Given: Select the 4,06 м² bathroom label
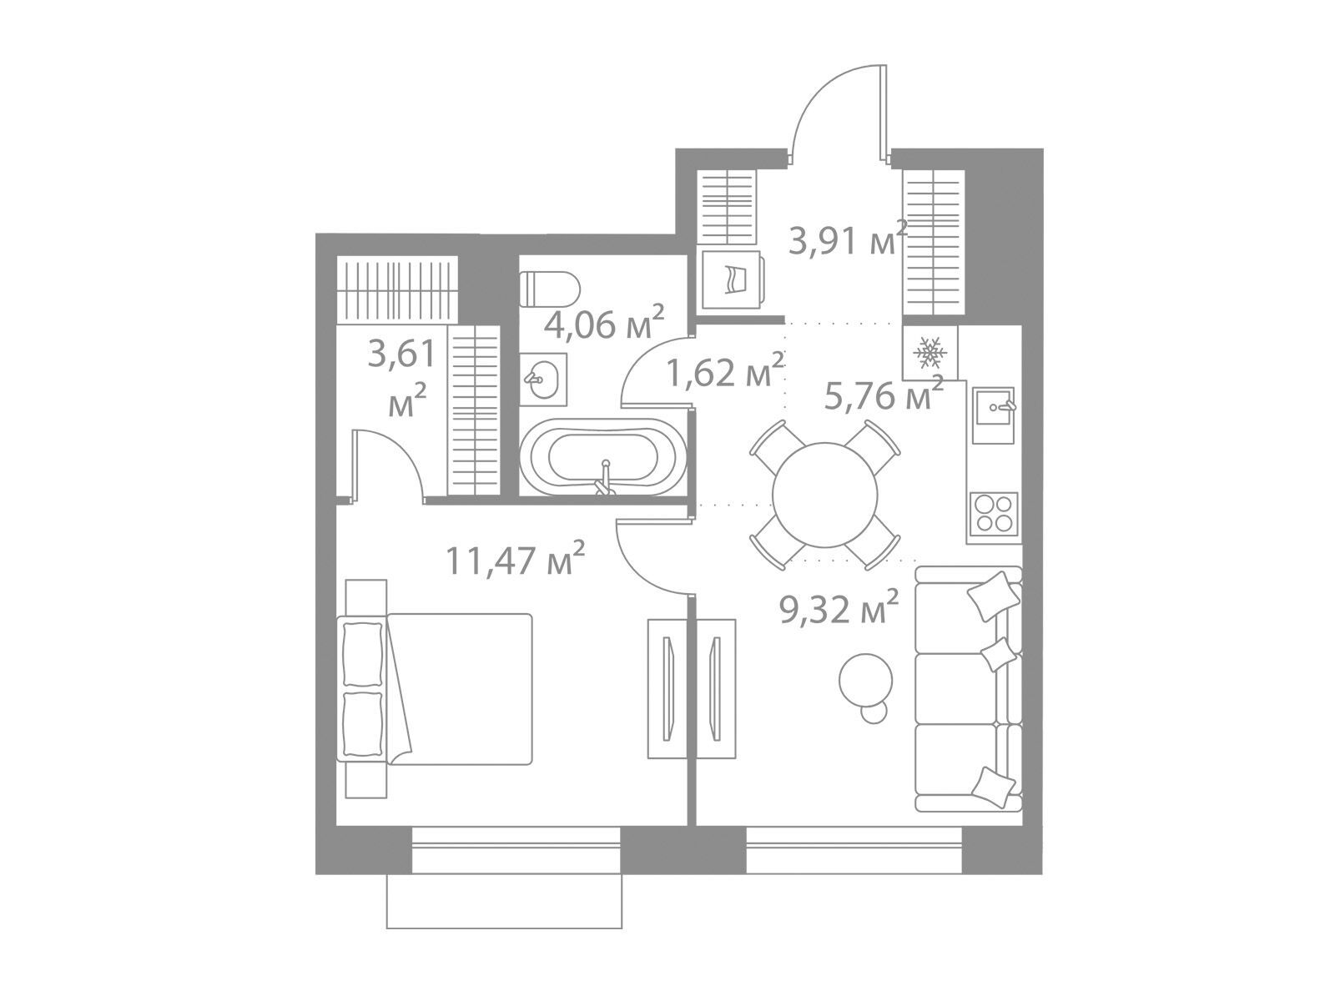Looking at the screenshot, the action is (x=603, y=323).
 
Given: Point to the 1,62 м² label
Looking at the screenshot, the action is (x=724, y=370).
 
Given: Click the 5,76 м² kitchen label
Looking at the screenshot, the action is (x=884, y=393).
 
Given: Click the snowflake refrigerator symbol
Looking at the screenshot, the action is (x=930, y=353).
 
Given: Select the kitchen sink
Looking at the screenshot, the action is (x=993, y=415).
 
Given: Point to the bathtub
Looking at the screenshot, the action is (x=605, y=456).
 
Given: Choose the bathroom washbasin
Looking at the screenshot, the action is (x=542, y=380).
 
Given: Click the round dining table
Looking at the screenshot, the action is (x=824, y=494).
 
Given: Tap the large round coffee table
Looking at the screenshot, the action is (x=865, y=680).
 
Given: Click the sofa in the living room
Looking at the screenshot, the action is (x=968, y=689).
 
